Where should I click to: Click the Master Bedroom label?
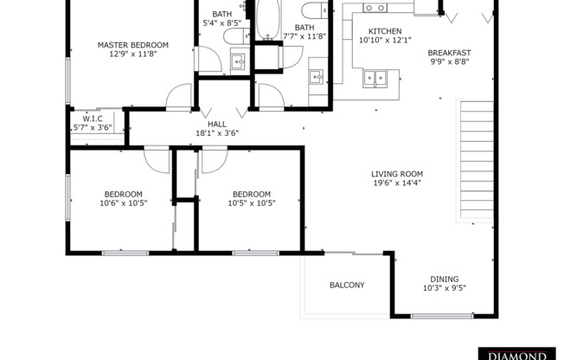click(x=133, y=45)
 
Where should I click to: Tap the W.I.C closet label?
click(x=93, y=118)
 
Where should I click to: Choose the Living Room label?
click(x=397, y=173)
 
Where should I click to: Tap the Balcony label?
click(x=347, y=286)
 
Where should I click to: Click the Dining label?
click(x=445, y=279)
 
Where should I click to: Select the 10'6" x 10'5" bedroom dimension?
click(x=124, y=203)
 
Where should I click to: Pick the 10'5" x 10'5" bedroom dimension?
click(x=251, y=203)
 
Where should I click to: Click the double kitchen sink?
click(x=376, y=79)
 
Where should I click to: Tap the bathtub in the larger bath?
click(x=268, y=22)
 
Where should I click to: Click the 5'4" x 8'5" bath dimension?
click(x=223, y=24)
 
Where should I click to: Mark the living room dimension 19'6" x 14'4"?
click(x=398, y=183)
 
